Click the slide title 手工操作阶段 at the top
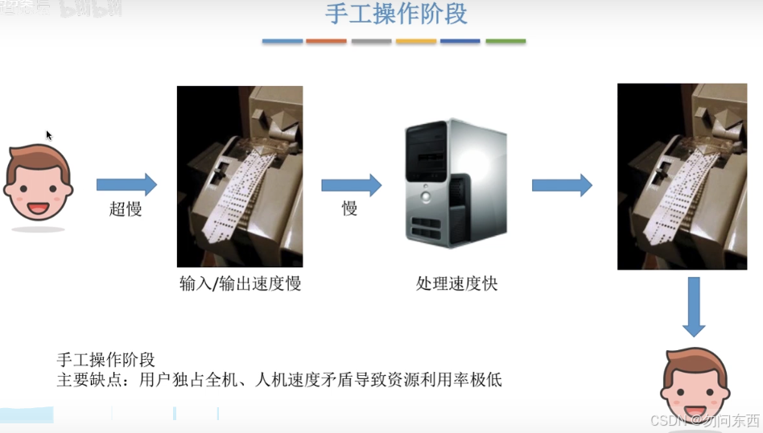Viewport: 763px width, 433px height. (x=396, y=14)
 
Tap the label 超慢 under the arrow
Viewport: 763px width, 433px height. (x=126, y=209)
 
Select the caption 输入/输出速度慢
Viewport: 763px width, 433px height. (x=240, y=283)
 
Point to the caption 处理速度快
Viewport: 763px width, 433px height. (x=456, y=283)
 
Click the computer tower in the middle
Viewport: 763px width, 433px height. (x=456, y=183)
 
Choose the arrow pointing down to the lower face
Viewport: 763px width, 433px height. (x=694, y=307)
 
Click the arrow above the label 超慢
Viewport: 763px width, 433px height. (x=126, y=184)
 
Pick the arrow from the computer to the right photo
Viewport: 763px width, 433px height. (x=562, y=185)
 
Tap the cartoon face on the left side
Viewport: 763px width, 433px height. (x=38, y=184)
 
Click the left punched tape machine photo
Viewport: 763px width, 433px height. (x=240, y=176)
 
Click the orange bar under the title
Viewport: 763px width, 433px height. (x=326, y=41)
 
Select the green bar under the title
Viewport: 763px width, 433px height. (x=505, y=41)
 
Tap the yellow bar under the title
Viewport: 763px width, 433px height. (x=415, y=41)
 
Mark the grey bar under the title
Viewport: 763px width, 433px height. (x=371, y=41)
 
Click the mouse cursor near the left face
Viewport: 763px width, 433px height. (x=48, y=135)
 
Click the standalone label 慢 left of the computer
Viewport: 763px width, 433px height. (x=349, y=209)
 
